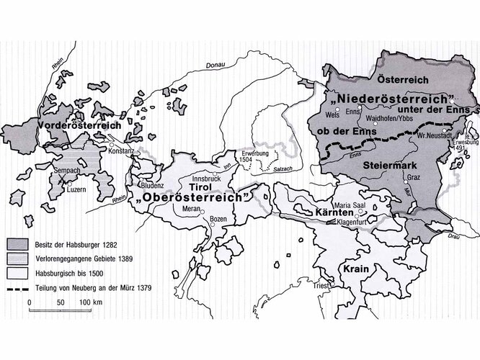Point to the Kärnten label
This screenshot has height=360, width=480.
point(334,215)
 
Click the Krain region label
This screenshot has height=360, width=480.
point(348,267)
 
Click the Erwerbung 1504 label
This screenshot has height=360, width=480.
point(247,158)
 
